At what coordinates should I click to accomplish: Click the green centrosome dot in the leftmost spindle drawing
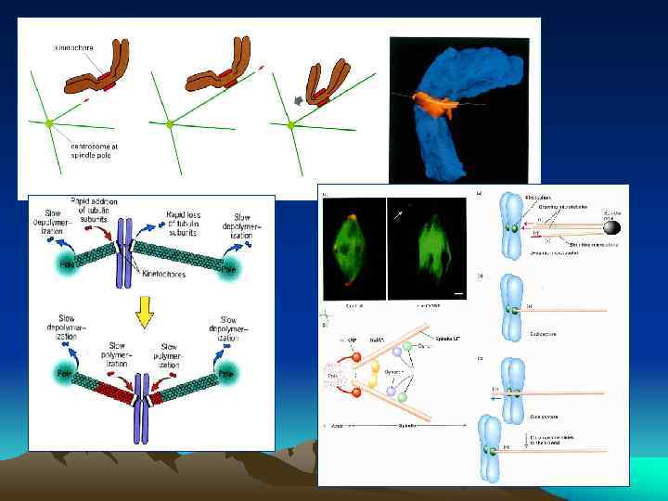tap(50, 122)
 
